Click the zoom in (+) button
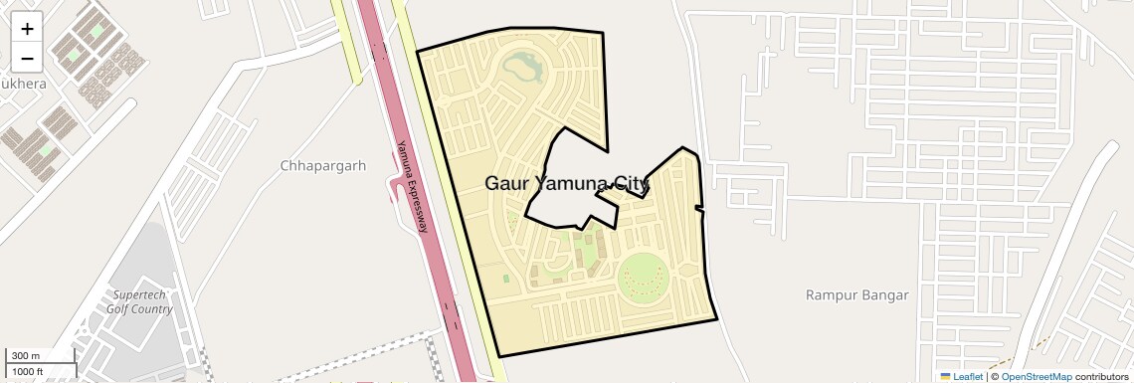[27, 29]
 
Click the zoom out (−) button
[27, 57]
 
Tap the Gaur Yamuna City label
[567, 183]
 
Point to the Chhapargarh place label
[323, 165]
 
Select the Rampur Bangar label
[844, 295]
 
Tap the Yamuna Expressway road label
[413, 187]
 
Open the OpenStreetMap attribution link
[1036, 376]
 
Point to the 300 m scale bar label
[26, 356]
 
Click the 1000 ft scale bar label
[27, 371]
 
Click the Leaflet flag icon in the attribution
[945, 376]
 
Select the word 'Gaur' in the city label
[505, 183]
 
